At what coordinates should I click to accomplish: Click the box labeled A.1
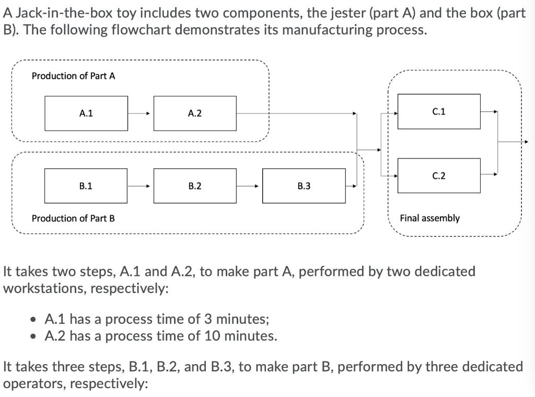pyautogui.click(x=86, y=113)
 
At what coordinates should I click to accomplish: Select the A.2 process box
pyautogui.click(x=195, y=113)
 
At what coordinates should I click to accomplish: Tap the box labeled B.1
pyautogui.click(x=86, y=186)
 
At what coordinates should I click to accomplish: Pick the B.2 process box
pyautogui.click(x=195, y=186)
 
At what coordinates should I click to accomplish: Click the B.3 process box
pyautogui.click(x=304, y=186)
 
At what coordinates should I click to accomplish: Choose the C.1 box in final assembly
pyautogui.click(x=439, y=111)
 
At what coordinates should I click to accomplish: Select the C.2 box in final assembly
pyautogui.click(x=439, y=176)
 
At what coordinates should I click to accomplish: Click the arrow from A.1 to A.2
pyautogui.click(x=140, y=113)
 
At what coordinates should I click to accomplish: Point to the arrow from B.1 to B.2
pyautogui.click(x=140, y=186)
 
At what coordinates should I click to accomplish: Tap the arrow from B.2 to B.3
pyautogui.click(x=249, y=186)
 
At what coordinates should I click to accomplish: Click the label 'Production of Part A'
pyautogui.click(x=73, y=76)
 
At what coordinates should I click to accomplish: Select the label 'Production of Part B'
pyautogui.click(x=73, y=218)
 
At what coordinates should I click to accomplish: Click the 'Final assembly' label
pyautogui.click(x=429, y=218)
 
